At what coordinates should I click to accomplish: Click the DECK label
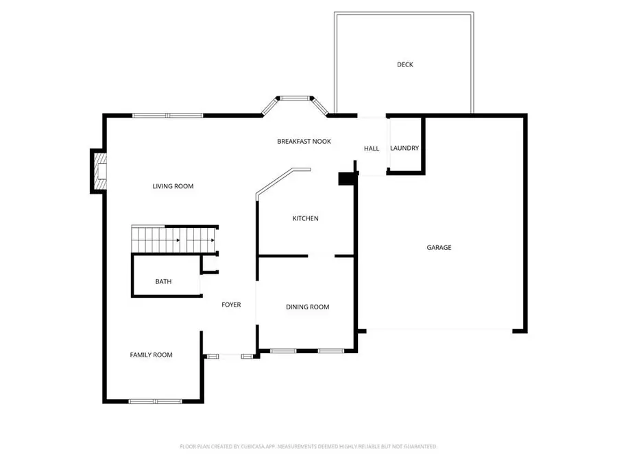click(x=404, y=65)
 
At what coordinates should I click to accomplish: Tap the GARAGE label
click(x=439, y=248)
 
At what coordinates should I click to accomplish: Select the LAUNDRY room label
click(x=404, y=149)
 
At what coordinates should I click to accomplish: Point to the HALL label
click(x=372, y=149)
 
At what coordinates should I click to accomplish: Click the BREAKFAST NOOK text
click(x=304, y=142)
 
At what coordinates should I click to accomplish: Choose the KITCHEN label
click(x=306, y=219)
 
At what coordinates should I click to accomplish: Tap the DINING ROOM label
click(x=307, y=307)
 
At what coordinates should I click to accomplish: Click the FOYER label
click(x=231, y=305)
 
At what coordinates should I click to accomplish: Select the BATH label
click(x=163, y=281)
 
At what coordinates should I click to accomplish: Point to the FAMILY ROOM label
click(x=151, y=355)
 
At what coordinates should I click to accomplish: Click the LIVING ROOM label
click(x=173, y=186)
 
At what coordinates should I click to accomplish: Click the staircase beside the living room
click(x=175, y=240)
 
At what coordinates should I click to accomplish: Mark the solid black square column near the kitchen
click(x=346, y=178)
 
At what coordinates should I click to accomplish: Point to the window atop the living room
click(x=168, y=116)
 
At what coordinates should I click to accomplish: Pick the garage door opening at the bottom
click(x=439, y=331)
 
